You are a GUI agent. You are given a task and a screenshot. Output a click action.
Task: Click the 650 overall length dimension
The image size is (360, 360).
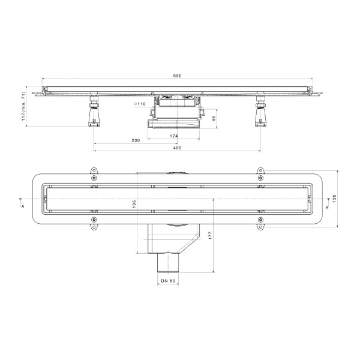(x=177, y=76)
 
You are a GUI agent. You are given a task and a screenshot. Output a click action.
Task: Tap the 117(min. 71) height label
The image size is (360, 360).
(x=23, y=106)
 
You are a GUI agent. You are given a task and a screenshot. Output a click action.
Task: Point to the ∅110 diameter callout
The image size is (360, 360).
(x=140, y=104)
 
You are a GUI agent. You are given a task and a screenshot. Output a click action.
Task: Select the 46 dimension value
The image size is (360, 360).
(x=214, y=119)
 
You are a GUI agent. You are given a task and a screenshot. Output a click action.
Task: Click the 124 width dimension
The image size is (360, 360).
(x=174, y=136)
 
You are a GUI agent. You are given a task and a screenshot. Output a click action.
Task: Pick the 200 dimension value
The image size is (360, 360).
(x=136, y=140)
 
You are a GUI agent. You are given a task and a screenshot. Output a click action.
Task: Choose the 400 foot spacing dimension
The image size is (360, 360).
(x=177, y=148)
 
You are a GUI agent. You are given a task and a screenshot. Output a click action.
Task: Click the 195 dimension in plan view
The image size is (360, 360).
(x=134, y=204)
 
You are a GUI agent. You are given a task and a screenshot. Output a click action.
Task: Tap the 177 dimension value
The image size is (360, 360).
(x=211, y=236)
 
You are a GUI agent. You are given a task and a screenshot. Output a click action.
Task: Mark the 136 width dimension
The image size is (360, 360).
(x=334, y=199)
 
